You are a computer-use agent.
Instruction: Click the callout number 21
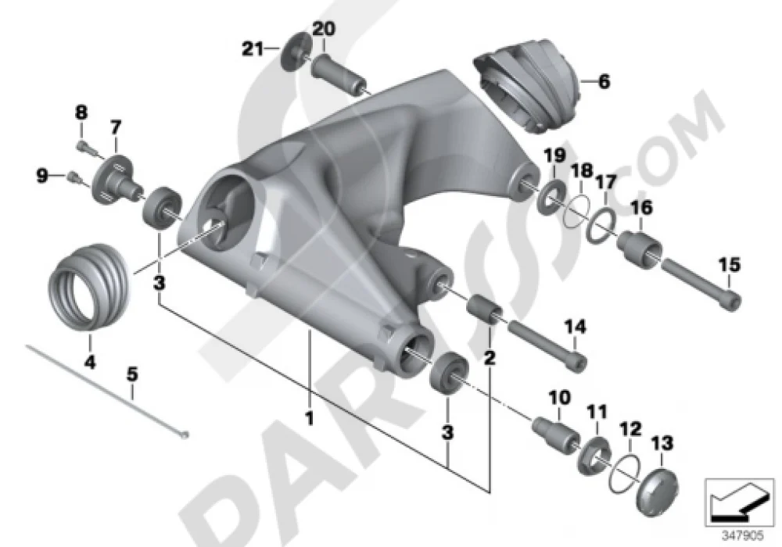pos(253,48)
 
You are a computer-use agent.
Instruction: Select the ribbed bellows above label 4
pos(90,287)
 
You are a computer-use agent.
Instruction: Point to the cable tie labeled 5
pos(106,392)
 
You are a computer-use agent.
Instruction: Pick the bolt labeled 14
pos(547,344)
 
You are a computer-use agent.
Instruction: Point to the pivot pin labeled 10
pos(555,432)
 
